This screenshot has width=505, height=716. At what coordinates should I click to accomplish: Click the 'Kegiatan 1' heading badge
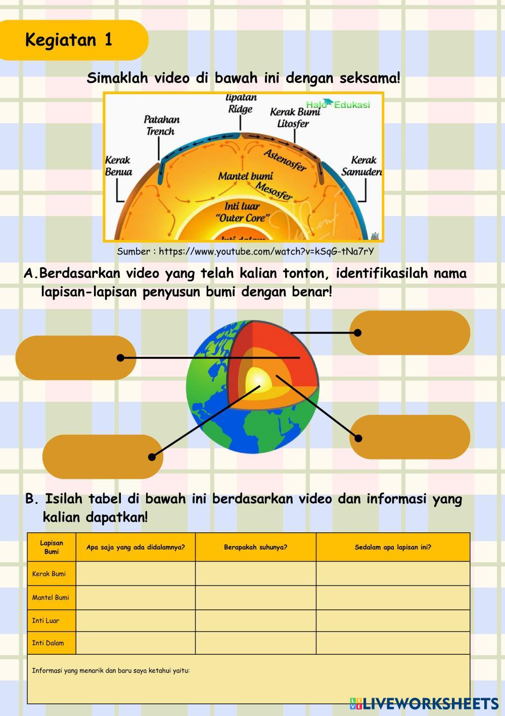tap(69, 40)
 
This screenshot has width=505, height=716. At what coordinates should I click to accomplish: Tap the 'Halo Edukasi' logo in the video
tap(338, 104)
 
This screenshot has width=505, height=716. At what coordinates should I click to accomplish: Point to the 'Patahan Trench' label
tap(161, 125)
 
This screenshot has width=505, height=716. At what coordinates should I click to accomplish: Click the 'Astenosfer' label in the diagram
tap(285, 160)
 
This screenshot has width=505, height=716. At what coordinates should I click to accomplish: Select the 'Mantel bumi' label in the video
tap(245, 176)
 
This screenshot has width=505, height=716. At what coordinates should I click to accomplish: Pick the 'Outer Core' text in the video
tap(243, 218)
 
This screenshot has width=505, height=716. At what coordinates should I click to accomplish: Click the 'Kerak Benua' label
tap(118, 166)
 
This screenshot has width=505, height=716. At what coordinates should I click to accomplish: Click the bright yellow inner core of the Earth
tap(257, 382)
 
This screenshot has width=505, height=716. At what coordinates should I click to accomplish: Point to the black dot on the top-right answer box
tap(357, 332)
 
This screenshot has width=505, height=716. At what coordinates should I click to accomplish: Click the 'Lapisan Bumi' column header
tap(52, 547)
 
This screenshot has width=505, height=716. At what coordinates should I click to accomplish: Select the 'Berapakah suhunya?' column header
tap(256, 547)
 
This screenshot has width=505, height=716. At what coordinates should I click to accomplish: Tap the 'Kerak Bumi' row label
tap(49, 574)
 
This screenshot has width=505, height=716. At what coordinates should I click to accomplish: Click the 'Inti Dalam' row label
tap(48, 643)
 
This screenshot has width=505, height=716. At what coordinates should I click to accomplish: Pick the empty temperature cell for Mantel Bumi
tap(256, 598)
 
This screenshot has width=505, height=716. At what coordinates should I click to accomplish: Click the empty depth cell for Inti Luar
tap(393, 620)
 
